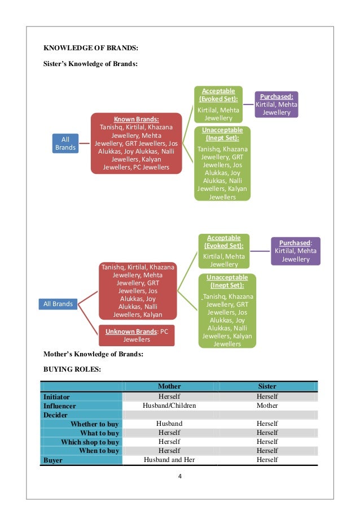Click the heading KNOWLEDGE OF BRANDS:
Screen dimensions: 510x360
tap(91, 47)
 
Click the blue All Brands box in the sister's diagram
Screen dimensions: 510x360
tap(65, 143)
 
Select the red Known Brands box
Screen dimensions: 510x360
tap(136, 143)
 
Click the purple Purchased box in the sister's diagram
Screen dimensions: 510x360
tap(276, 104)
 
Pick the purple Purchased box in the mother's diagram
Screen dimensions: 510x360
tap(296, 251)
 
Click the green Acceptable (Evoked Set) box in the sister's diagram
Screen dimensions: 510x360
tap(219, 104)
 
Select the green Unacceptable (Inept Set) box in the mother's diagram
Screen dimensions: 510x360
tap(227, 310)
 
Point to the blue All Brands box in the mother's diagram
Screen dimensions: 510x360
tap(58, 304)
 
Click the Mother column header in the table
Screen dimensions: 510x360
tap(169, 386)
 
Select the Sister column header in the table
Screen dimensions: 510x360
tap(267, 386)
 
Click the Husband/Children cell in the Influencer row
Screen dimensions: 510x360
tap(169, 406)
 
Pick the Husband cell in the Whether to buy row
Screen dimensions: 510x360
tap(169, 424)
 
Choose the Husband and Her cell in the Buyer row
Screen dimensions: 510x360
tap(169, 460)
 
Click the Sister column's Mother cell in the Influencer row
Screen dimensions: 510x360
tap(267, 406)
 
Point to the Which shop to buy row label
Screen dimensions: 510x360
tap(90, 442)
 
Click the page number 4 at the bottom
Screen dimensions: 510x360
tap(180, 476)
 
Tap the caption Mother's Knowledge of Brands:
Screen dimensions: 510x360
tap(93, 355)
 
